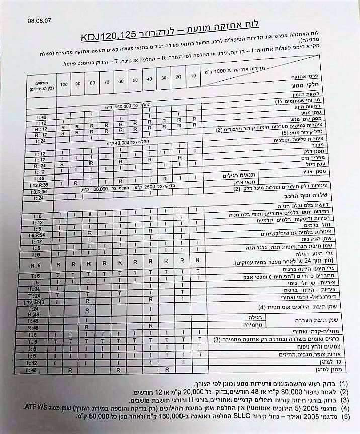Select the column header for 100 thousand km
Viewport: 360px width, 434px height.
tap(63, 83)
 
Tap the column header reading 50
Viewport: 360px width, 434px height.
tap(135, 81)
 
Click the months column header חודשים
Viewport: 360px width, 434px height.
tap(34, 85)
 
